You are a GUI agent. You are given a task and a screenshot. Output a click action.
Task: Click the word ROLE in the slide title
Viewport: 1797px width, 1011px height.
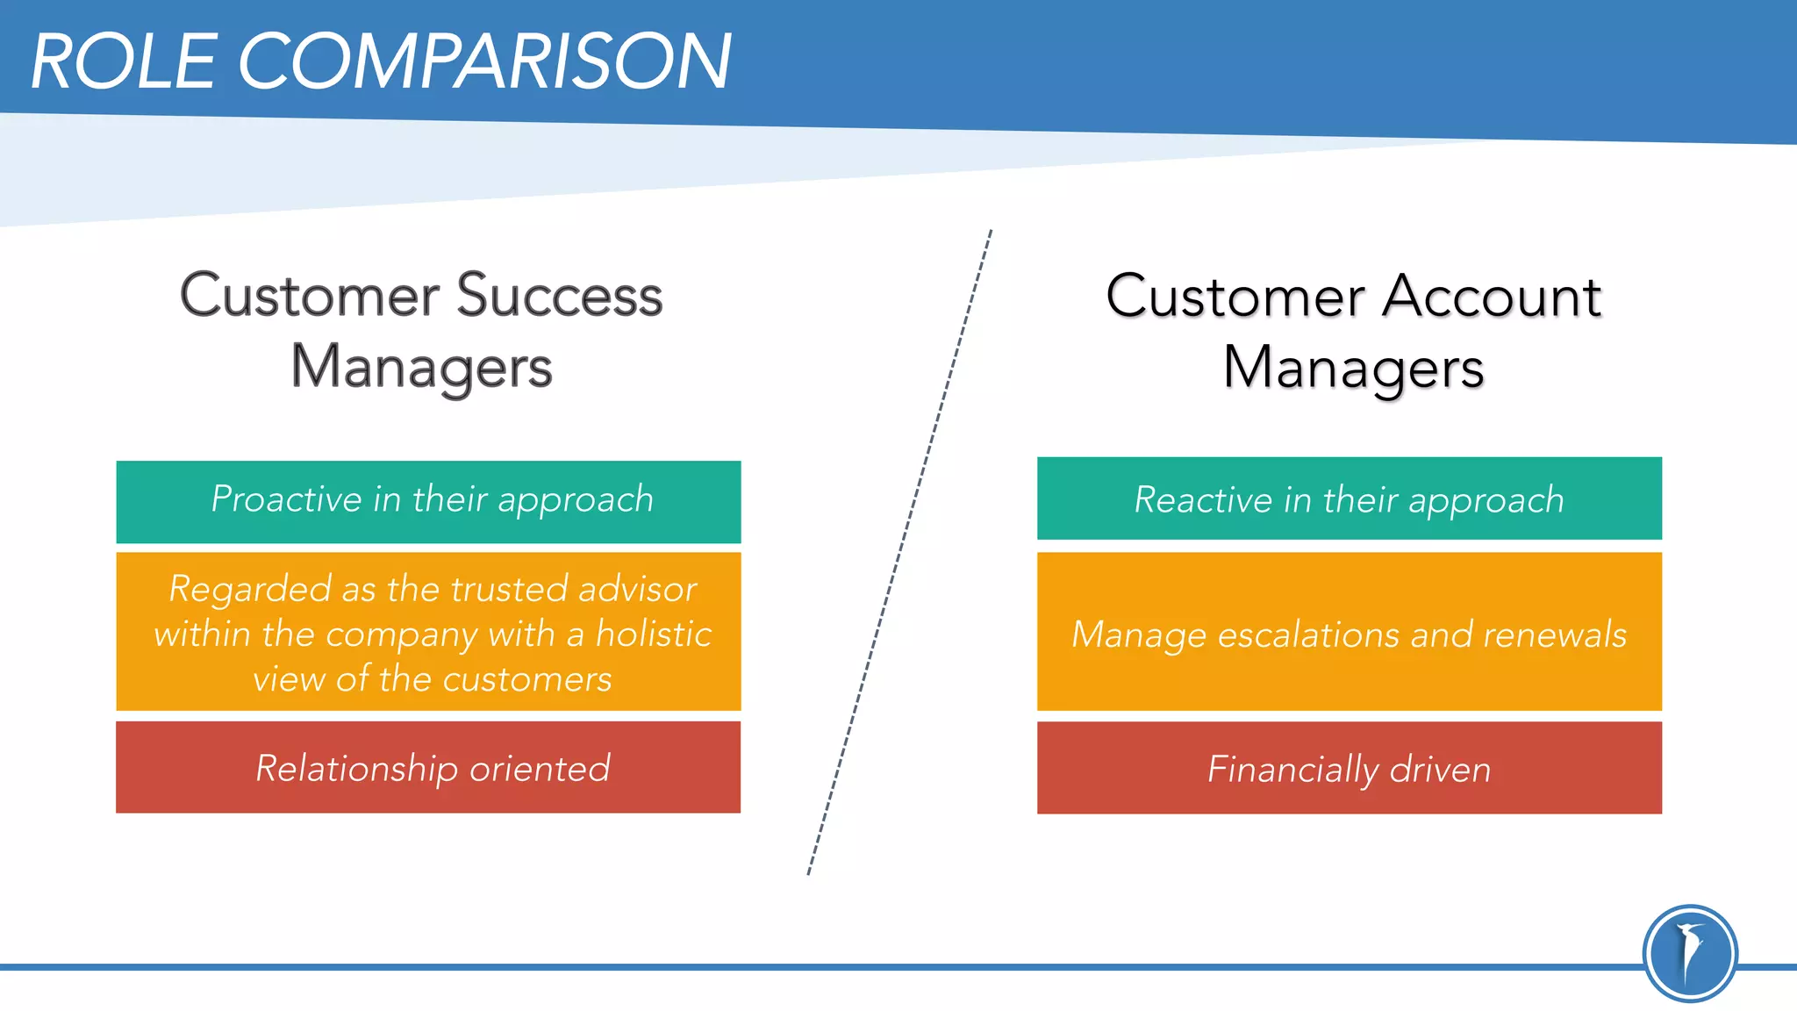point(123,61)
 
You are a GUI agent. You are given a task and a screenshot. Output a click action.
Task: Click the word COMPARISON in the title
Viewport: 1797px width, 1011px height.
point(484,61)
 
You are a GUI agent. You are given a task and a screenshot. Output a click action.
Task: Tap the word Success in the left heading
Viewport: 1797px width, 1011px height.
point(559,296)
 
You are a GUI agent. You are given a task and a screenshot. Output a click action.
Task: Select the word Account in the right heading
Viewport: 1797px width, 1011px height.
point(1492,296)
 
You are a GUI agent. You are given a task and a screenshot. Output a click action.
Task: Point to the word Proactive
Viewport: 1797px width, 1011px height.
point(286,499)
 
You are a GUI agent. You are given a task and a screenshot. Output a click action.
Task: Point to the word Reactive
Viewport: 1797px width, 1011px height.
point(1202,499)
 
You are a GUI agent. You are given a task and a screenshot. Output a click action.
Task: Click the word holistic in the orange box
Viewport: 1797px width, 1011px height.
point(654,633)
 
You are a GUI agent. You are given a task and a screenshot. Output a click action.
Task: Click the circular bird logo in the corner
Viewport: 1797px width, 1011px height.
point(1689,953)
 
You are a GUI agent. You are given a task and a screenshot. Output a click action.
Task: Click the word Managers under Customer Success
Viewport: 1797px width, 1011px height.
point(421,367)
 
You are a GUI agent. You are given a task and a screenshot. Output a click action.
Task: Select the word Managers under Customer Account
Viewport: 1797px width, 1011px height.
point(1353,367)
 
